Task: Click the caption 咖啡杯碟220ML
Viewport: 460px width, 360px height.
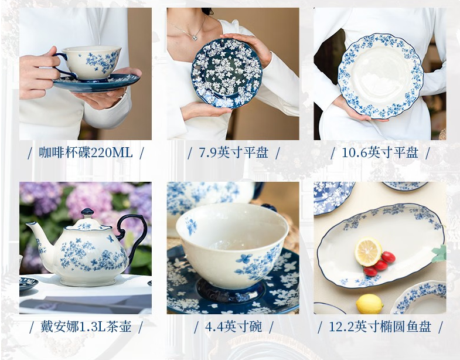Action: (86, 152)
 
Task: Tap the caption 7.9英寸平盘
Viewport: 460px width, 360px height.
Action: (234, 152)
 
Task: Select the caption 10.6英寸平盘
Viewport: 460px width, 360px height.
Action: (380, 152)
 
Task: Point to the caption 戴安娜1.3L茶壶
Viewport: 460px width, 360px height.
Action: (86, 327)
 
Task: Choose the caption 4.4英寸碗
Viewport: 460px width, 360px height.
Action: (234, 327)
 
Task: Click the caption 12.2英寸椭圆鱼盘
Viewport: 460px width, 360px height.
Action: (380, 327)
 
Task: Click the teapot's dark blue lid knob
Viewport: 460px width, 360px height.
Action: (87, 212)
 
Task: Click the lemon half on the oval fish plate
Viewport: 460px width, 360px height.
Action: (368, 252)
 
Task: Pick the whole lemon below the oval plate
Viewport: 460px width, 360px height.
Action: (369, 304)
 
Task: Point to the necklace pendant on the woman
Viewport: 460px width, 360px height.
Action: (194, 38)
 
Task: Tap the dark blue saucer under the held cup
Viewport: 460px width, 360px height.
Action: (97, 82)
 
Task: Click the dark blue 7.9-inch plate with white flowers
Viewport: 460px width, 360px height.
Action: (226, 73)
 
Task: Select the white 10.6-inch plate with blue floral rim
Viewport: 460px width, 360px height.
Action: (380, 76)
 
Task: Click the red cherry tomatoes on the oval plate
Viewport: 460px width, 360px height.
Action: (380, 264)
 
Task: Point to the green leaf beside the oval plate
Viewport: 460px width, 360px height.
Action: (439, 254)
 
